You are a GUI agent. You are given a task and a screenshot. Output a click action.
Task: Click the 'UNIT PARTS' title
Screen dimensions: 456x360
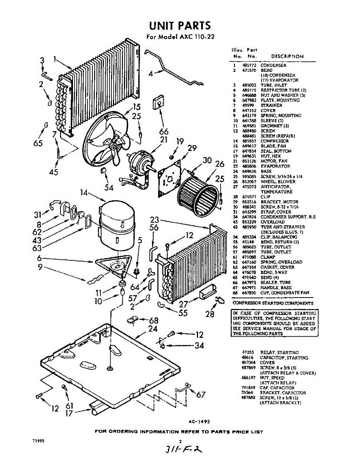coord(180,26)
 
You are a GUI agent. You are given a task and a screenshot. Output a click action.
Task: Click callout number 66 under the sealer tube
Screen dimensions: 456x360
coord(163,131)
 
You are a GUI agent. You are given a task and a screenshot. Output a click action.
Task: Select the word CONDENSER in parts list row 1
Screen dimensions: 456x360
coord(273,65)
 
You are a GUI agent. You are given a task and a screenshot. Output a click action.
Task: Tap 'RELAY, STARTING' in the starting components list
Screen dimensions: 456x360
coord(279,353)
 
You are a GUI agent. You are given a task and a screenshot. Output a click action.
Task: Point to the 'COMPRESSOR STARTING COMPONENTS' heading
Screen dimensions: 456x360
coord(273,303)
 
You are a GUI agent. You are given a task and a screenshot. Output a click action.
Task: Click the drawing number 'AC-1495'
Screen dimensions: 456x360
coord(199,421)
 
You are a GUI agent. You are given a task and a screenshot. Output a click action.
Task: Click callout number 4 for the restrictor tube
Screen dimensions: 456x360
coord(151,74)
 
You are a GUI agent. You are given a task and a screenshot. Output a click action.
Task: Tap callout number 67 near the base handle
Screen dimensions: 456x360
coord(200,394)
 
